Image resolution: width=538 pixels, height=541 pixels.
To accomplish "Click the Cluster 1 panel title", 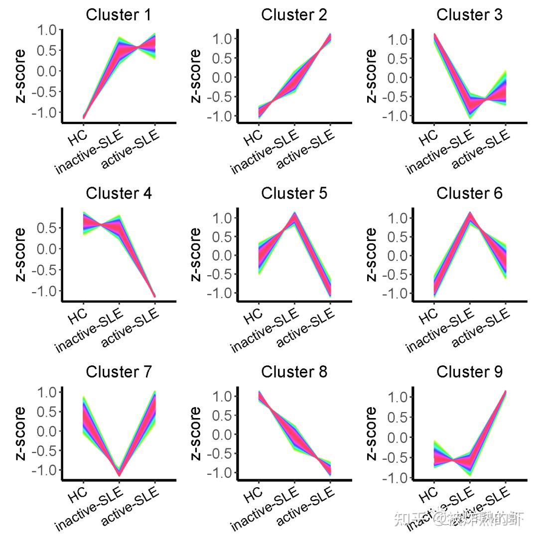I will pyautogui.click(x=119, y=15).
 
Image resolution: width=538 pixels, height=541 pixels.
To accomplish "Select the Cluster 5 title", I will pyautogui.click(x=294, y=193).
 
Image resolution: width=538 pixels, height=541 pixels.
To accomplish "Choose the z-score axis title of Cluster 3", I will pyautogui.click(x=371, y=76).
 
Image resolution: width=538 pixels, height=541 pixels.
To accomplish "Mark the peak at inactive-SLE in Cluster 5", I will pyautogui.click(x=294, y=215).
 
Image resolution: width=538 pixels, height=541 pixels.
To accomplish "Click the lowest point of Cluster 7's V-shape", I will pyautogui.click(x=119, y=474).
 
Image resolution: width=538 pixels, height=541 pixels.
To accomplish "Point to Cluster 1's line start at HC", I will pyautogui.click(x=84, y=117).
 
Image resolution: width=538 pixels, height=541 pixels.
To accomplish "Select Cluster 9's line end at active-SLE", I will pyautogui.click(x=506, y=393).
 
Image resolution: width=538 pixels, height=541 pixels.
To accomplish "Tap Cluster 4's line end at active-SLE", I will pyautogui.click(x=154, y=296).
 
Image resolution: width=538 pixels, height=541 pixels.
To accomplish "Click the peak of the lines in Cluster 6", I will pyautogui.click(x=470, y=214).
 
